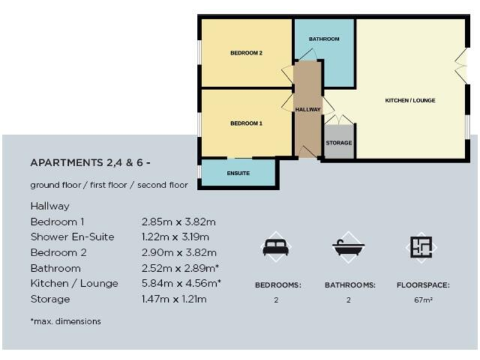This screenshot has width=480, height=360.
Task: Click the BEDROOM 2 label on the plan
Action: click(246, 53)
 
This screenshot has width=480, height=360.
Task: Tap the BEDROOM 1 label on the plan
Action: click(246, 124)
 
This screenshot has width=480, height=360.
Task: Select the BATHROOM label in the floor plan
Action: click(324, 39)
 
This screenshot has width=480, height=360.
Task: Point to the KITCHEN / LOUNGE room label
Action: click(410, 100)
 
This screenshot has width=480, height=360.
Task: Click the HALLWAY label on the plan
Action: click(307, 109)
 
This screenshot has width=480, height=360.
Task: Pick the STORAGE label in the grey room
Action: click(339, 143)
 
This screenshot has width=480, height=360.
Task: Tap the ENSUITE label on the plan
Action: click(238, 173)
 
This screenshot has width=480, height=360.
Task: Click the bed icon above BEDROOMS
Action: click(276, 248)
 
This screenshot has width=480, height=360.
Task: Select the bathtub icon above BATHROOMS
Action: click(348, 248)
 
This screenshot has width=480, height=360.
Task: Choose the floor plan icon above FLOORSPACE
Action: click(421, 247)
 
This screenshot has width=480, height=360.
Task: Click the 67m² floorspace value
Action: click(423, 300)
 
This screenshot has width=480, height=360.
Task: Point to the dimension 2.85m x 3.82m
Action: click(179, 222)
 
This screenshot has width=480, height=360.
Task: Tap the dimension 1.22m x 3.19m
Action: click(176, 237)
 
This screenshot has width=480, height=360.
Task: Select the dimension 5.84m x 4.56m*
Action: click(182, 284)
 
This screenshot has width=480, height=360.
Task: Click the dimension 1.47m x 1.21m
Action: click(174, 299)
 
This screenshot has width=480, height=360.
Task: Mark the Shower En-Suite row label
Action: click(72, 237)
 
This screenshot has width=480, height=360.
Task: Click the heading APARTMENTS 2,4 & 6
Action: click(91, 163)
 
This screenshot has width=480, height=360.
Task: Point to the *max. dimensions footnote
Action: click(65, 322)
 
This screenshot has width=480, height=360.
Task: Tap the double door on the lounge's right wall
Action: click(462, 66)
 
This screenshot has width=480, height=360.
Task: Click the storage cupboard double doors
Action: click(339, 119)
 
